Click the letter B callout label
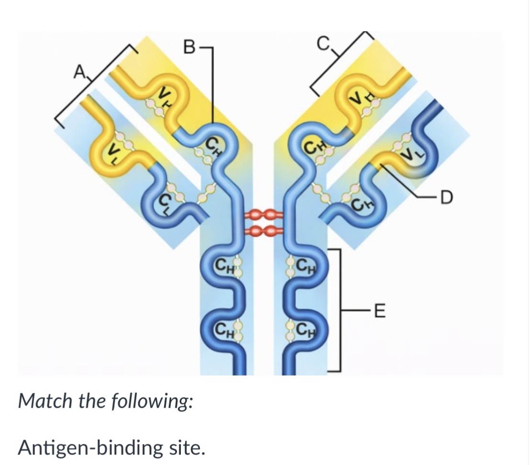[188, 47]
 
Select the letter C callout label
[323, 43]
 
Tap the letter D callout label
[446, 198]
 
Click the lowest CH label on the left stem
[225, 328]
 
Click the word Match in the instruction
[45, 401]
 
